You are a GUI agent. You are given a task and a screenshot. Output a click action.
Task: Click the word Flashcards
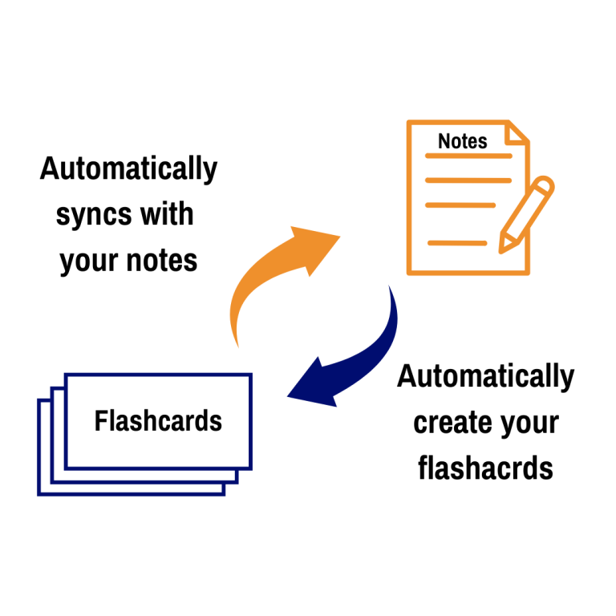tap(158, 421)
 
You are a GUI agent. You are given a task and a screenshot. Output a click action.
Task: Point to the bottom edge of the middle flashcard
tap(144, 482)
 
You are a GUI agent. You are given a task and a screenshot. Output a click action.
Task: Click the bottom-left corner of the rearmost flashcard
tap(38, 494)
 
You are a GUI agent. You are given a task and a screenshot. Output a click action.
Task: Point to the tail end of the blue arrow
tap(391, 287)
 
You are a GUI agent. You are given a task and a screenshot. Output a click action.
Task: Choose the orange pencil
tap(525, 215)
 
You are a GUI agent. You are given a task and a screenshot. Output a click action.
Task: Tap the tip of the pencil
tap(500, 252)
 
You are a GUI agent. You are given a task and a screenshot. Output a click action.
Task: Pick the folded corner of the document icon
tap(518, 132)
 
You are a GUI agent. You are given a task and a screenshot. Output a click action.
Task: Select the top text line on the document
tap(468, 156)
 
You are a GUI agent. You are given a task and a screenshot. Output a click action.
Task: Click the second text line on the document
tap(468, 180)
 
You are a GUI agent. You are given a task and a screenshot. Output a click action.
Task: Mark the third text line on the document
tap(460, 205)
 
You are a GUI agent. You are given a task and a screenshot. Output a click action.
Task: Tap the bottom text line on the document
tap(456, 242)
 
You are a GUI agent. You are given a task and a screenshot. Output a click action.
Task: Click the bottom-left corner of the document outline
tap(409, 274)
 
